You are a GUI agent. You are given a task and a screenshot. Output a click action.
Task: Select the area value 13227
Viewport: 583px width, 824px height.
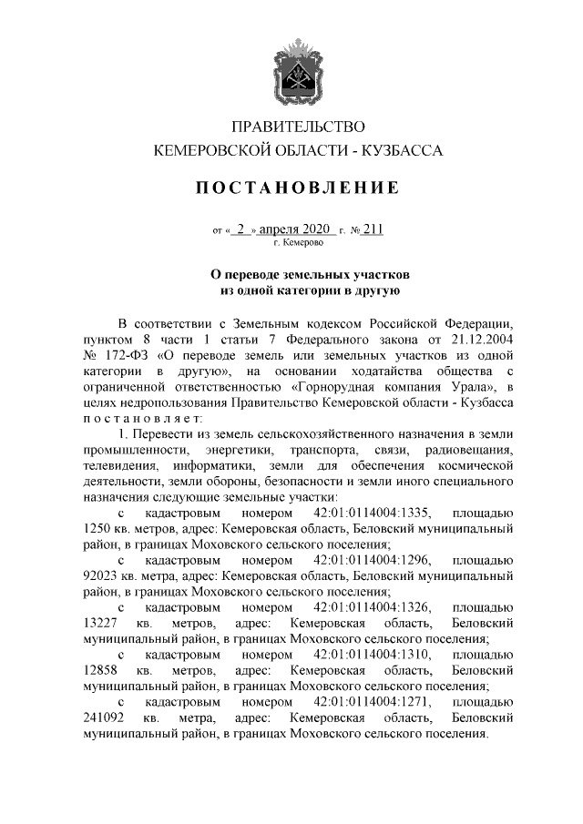[x=100, y=626]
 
